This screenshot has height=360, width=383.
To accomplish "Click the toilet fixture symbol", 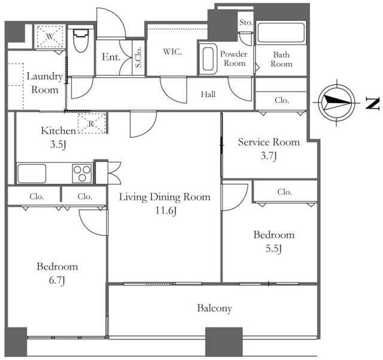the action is click(x=80, y=41).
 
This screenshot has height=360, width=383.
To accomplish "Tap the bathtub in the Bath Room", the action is click(x=281, y=33).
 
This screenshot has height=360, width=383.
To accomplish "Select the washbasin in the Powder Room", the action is click(x=208, y=59).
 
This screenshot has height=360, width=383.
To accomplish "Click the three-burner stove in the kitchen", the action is click(x=82, y=173).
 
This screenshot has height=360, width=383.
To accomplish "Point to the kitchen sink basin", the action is click(x=32, y=173).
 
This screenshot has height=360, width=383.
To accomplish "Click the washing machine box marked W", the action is click(x=50, y=37).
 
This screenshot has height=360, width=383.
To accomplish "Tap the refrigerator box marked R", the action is click(x=92, y=123).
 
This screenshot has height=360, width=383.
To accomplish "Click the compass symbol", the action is click(x=336, y=102).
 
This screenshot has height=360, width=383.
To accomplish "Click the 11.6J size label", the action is click(x=166, y=210).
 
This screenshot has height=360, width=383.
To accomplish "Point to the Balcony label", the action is click(x=214, y=308).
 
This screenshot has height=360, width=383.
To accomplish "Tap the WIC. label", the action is click(x=172, y=52).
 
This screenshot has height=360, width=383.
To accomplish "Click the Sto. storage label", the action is click(x=246, y=23).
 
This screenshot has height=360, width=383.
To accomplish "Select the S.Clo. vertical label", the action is click(x=138, y=58).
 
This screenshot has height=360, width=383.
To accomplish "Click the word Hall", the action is click(x=208, y=94).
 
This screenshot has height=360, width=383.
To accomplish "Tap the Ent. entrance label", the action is click(x=111, y=57).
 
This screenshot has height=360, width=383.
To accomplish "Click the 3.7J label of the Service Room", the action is click(x=269, y=156).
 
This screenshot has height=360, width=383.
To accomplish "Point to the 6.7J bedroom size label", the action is click(x=57, y=280).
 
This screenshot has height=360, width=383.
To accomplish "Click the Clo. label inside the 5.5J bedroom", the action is click(x=285, y=192).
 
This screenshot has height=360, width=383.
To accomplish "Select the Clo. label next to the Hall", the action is click(x=282, y=100).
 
